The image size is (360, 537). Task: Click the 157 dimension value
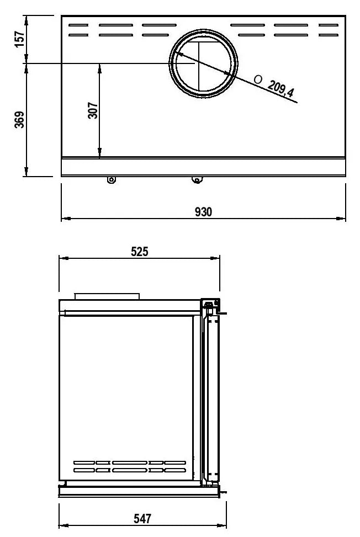pyautogui.click(x=20, y=39)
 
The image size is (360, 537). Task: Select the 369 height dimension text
pyautogui.click(x=20, y=120)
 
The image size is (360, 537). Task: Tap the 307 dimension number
pyautogui.click(x=93, y=110)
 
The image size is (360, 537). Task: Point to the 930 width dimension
pyautogui.click(x=203, y=212)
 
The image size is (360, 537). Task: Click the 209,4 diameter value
pyautogui.click(x=281, y=89)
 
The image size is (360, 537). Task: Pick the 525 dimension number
pyautogui.click(x=140, y=252)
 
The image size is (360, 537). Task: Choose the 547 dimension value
pyautogui.click(x=142, y=518)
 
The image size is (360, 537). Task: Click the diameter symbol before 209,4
pyautogui.click(x=258, y=80)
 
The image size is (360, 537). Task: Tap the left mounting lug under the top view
pyautogui.click(x=110, y=179)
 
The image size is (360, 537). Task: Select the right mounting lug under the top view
pyautogui.click(x=197, y=179)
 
